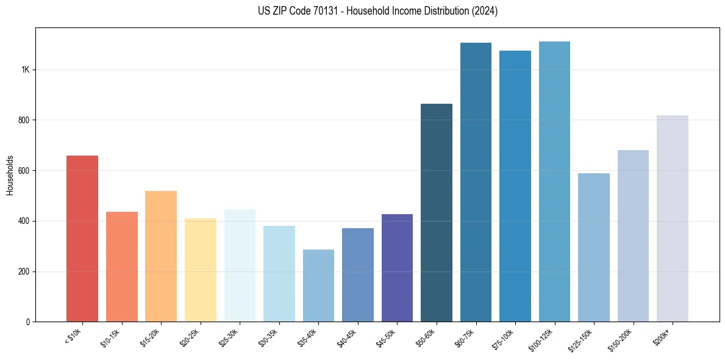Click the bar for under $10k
click(x=82, y=239)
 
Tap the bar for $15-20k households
click(x=161, y=256)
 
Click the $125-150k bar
click(x=594, y=247)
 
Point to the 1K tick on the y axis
click(x=25, y=70)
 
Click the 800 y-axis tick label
click(x=24, y=120)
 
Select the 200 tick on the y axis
click(x=24, y=272)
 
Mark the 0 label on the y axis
click(x=28, y=322)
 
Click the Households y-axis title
click(x=10, y=175)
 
